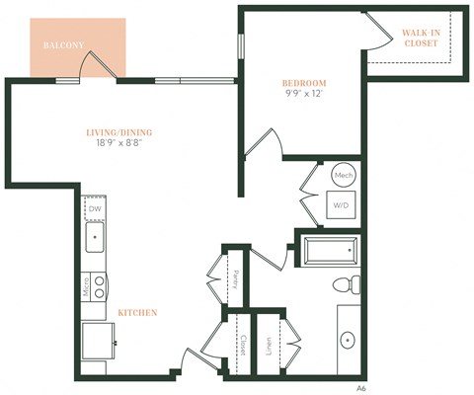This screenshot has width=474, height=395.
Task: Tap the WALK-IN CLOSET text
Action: coord(421,39)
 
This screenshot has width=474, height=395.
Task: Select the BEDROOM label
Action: coord(304,83)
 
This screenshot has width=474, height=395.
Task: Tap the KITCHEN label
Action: coord(137,313)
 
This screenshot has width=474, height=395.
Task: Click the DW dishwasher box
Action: coord(95,208)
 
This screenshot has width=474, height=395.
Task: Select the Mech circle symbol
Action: coord(344,175)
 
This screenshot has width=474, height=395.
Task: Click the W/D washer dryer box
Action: coord(342,205)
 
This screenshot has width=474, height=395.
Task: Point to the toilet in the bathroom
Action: coord(345,285)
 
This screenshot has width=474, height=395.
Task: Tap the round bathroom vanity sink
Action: coord(350,341)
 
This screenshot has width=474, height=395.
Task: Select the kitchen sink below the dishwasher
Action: coord(95,237)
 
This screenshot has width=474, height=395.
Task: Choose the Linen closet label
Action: coord(269,345)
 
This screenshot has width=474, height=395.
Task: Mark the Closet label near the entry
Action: coord(242,345)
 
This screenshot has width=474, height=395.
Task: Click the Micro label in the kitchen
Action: coord(87,287)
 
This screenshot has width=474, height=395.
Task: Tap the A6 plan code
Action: coord(362,388)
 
